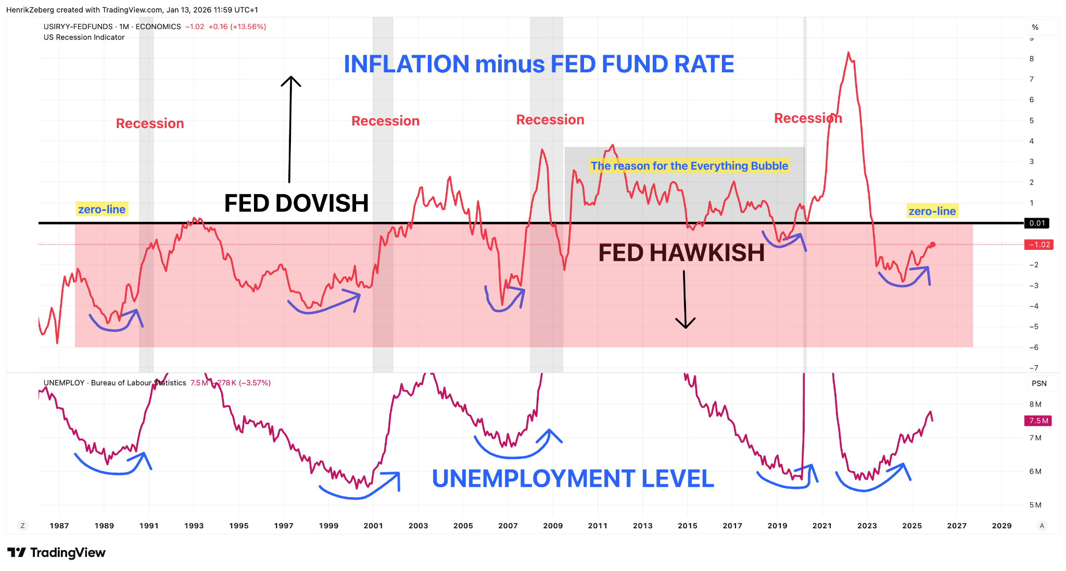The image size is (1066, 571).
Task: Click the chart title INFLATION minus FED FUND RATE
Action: point(539,65)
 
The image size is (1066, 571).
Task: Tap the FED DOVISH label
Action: point(296,203)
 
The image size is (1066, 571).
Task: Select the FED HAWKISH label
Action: point(681,253)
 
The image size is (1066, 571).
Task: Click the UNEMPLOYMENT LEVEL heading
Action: point(573,479)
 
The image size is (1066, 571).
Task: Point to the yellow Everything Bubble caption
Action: point(689,166)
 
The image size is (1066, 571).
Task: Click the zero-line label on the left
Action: point(101,209)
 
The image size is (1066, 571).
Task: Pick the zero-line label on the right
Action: point(932,211)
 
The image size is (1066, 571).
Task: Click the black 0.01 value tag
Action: point(1037,223)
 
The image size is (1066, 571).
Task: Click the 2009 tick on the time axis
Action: point(553,526)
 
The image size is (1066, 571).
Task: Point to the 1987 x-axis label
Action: point(59,526)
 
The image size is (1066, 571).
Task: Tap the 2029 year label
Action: point(1001,526)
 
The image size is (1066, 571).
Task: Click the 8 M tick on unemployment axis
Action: point(1035,404)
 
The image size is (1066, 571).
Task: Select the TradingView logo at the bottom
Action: point(56,552)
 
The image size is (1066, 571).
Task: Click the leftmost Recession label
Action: point(150,123)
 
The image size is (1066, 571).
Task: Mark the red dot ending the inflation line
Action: point(933,244)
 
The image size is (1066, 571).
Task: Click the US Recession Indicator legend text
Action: point(84,37)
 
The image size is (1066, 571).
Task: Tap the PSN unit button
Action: point(1039,384)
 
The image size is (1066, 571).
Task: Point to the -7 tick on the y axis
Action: point(1033,368)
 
